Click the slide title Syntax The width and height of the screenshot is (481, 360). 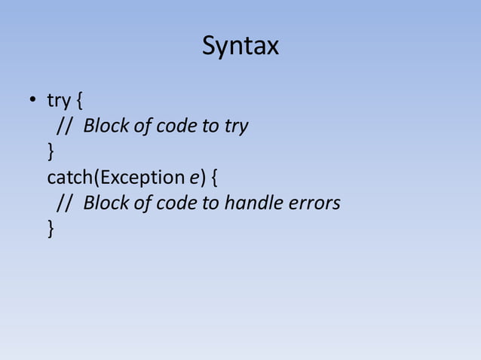pyautogui.click(x=240, y=47)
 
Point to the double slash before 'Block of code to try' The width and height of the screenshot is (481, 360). pyautogui.click(x=65, y=126)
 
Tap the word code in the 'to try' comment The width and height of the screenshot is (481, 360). pyautogui.click(x=174, y=126)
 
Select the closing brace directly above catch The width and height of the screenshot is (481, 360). pyautogui.click(x=51, y=152)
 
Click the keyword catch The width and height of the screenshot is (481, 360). pyautogui.click(x=70, y=178)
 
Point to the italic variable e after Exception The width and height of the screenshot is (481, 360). pyautogui.click(x=193, y=178)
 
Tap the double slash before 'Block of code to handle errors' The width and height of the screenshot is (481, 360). pyautogui.click(x=65, y=203)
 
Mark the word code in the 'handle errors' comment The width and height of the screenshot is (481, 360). pyautogui.click(x=174, y=203)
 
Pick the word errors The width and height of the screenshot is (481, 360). pyautogui.click(x=313, y=203)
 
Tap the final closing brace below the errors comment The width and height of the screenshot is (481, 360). pyautogui.click(x=51, y=229)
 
